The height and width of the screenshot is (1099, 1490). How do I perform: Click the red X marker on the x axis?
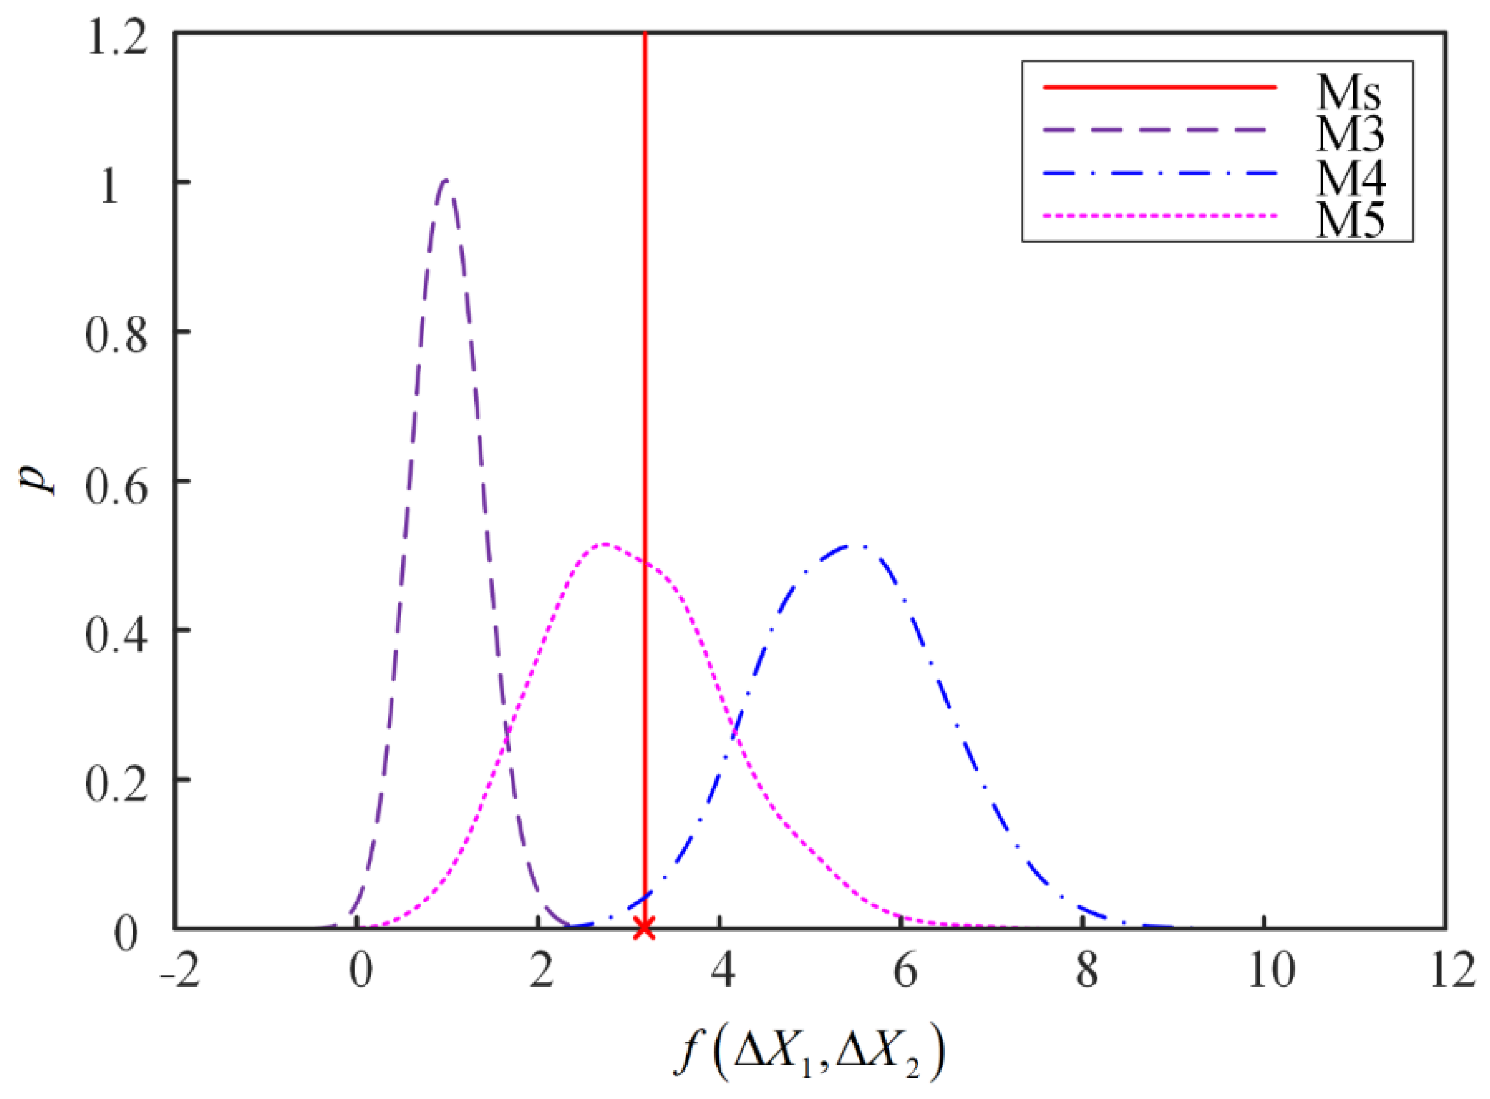(644, 927)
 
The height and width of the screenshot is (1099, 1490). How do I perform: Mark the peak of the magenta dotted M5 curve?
(604, 544)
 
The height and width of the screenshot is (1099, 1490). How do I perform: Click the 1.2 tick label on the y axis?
(117, 42)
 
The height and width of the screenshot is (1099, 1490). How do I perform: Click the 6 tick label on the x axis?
(904, 973)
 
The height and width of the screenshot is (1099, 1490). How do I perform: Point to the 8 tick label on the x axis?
(1087, 973)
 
